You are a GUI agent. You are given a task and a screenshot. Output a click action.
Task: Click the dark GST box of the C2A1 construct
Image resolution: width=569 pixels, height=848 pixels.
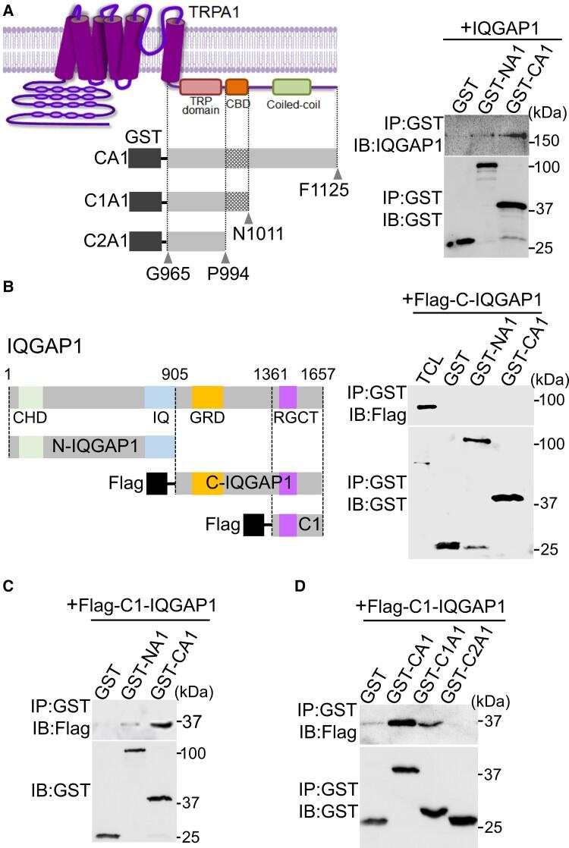click(x=145, y=242)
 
